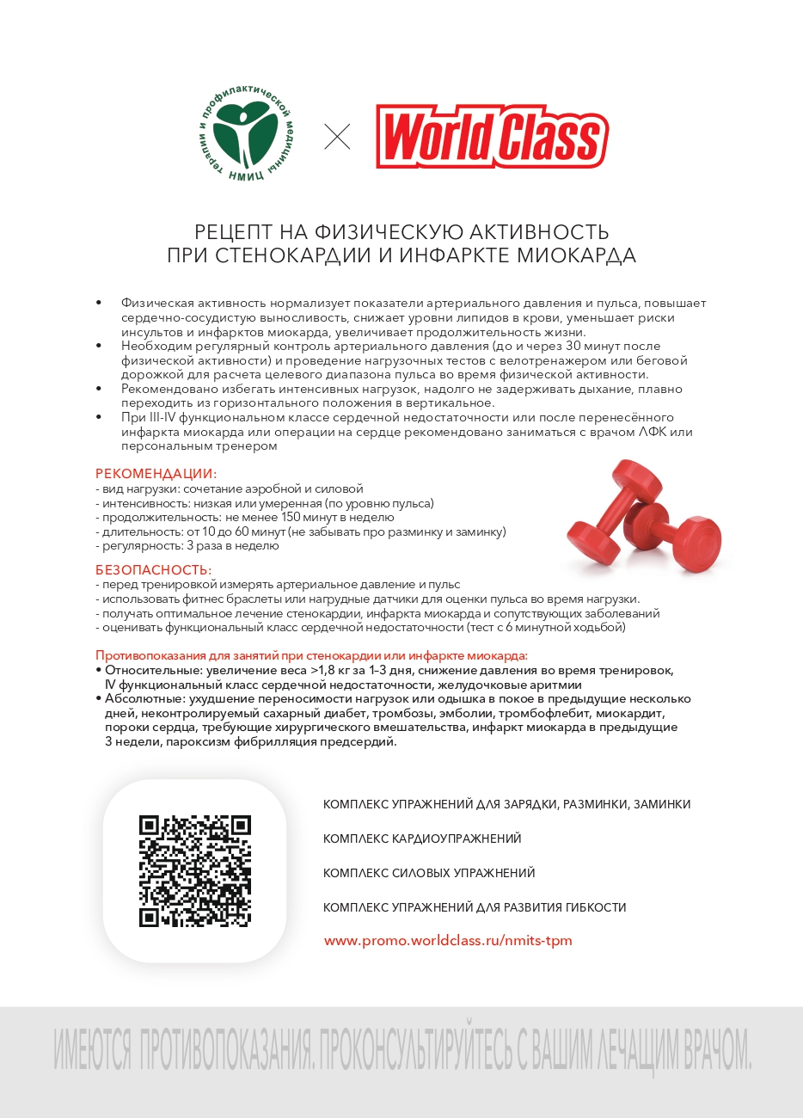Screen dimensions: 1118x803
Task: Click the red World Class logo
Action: point(492,137)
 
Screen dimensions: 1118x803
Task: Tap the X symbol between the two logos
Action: point(337,137)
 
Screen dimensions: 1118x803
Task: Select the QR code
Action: point(195,870)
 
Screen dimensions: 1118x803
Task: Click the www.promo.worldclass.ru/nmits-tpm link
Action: point(448,940)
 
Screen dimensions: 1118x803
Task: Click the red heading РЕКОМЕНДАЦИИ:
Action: point(156,474)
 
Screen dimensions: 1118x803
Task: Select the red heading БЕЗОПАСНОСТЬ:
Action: point(153,570)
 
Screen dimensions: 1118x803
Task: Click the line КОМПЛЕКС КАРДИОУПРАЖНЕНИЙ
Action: point(422,838)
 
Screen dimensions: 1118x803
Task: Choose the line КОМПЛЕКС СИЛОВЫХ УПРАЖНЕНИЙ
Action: point(429,873)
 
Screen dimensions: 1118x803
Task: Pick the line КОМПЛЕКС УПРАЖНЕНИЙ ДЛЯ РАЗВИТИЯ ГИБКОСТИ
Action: point(475,907)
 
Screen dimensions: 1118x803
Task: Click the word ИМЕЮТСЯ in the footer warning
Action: point(92,1049)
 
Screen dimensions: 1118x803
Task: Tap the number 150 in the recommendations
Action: point(291,518)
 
